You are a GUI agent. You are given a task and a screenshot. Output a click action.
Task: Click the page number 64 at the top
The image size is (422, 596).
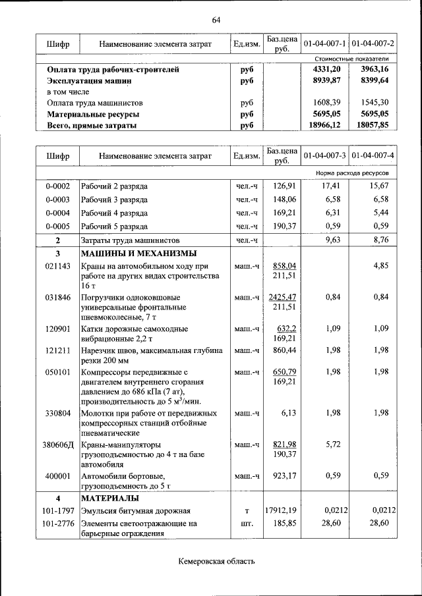[x=216, y=20]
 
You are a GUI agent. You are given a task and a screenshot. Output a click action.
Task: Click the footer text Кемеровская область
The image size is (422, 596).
[x=216, y=561]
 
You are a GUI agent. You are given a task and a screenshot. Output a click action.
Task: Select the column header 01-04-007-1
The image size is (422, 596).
[x=324, y=44]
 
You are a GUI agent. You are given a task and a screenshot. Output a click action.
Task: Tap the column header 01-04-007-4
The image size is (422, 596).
[x=373, y=156]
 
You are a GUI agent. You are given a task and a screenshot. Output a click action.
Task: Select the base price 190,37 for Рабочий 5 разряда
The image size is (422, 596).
[x=282, y=227]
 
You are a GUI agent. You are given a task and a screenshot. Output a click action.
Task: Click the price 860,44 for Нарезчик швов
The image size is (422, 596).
[x=282, y=350]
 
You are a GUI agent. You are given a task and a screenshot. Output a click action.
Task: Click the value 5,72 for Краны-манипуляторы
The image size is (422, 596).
[x=332, y=445]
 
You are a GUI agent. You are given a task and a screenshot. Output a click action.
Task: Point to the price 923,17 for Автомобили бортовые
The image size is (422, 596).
[x=282, y=475]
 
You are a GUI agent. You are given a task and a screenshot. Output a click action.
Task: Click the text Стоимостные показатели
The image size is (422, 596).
[x=351, y=59]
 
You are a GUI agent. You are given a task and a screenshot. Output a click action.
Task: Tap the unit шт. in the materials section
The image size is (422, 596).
[x=247, y=524]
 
